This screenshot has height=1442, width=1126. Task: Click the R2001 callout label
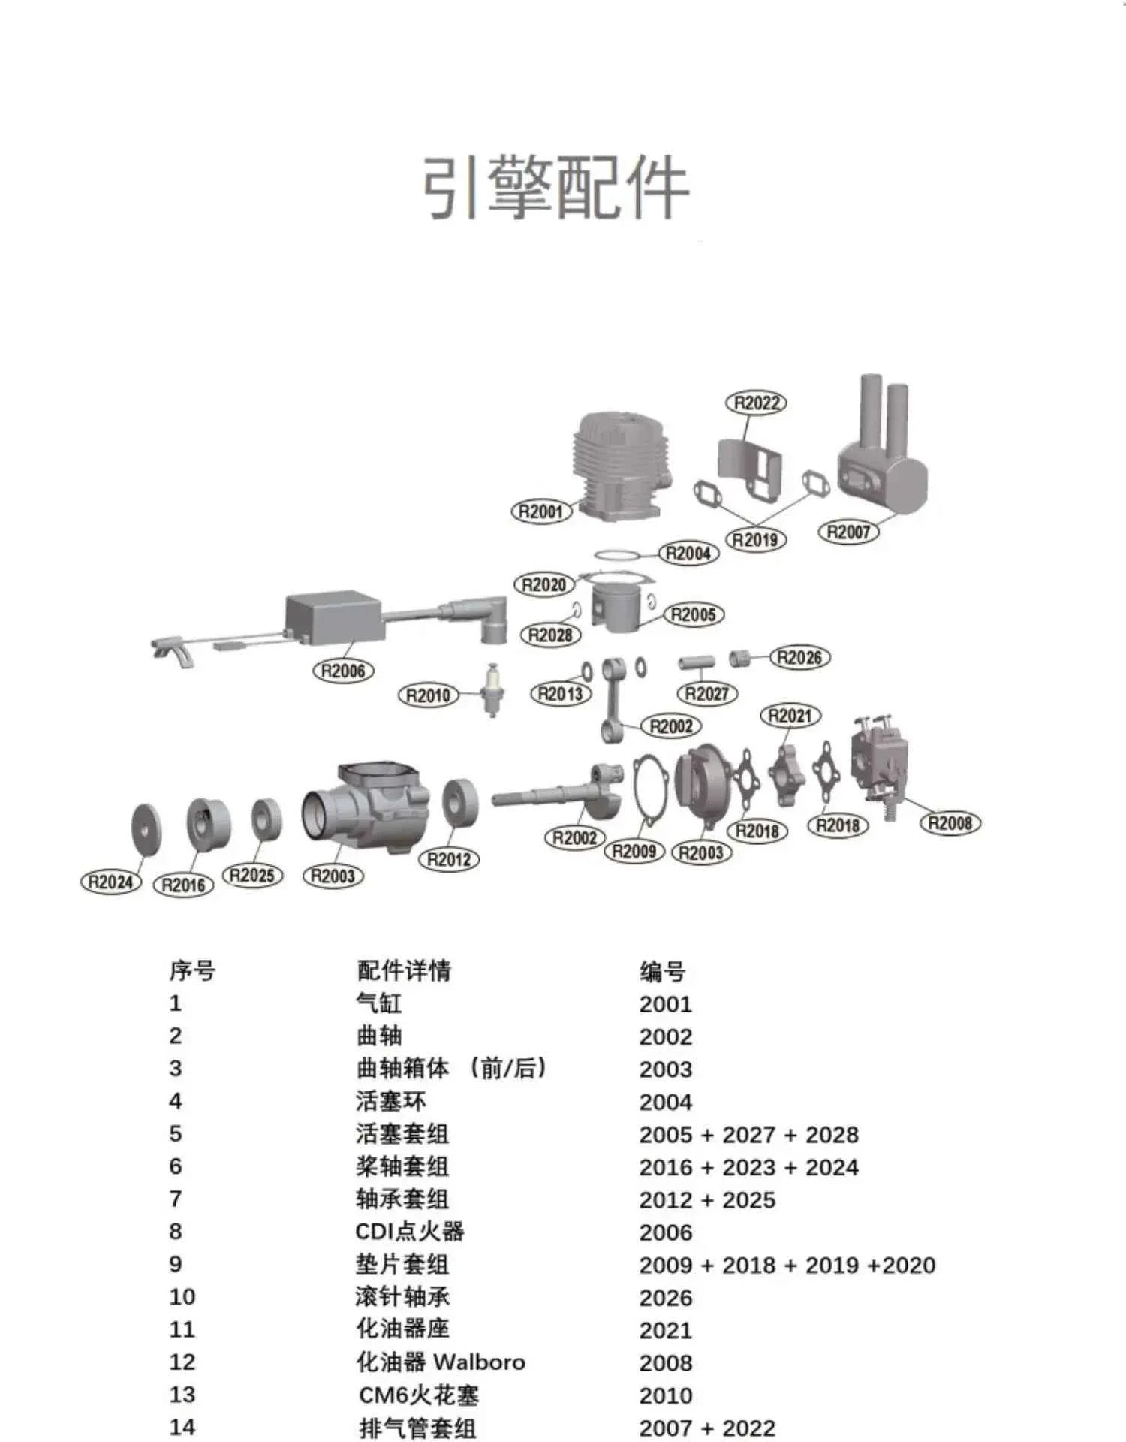tap(541, 512)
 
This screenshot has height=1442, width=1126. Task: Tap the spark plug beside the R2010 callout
tap(492, 689)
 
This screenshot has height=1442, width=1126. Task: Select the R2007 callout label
tap(848, 532)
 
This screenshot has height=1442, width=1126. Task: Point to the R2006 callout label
tap(343, 671)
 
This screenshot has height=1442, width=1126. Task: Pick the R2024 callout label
tap(111, 882)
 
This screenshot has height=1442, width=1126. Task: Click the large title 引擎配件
tap(555, 187)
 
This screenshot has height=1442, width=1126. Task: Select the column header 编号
tap(662, 972)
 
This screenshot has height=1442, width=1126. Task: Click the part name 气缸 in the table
tap(379, 1003)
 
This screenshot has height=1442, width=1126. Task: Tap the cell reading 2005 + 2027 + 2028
tap(748, 1134)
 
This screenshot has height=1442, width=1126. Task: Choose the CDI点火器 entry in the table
tap(410, 1232)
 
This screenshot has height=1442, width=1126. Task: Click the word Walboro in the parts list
tap(479, 1362)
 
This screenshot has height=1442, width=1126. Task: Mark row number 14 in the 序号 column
tap(182, 1427)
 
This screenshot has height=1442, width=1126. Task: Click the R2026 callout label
tap(799, 658)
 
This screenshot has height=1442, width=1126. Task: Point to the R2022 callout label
tap(756, 403)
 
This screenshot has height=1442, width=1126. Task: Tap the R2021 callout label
tap(790, 716)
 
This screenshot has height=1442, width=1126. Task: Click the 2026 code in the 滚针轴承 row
tap(666, 1297)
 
